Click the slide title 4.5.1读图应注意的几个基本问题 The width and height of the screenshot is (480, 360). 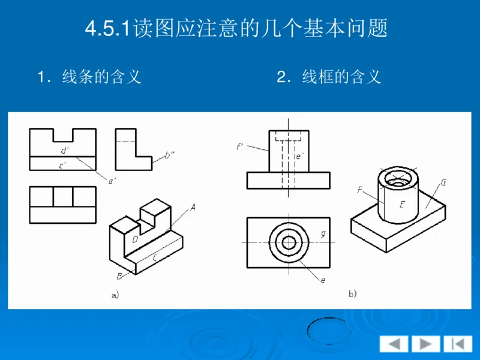tap(236, 29)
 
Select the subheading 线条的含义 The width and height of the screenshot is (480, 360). tap(90, 77)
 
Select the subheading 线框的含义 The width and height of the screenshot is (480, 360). tap(329, 77)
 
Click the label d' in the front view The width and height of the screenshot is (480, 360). tap(64, 150)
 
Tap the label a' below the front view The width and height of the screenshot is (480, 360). tap(112, 179)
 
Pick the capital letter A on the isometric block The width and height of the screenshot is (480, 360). tap(193, 207)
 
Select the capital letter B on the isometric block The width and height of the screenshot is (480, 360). tap(119, 276)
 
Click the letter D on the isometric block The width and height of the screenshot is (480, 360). tap(136, 239)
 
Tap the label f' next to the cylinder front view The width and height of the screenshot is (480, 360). tap(240, 146)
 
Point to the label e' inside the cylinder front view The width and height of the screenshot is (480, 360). tap(300, 156)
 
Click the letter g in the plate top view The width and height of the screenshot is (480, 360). tap(323, 233)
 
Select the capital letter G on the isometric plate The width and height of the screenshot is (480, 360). tap(443, 182)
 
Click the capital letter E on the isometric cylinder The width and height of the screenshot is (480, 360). tap(403, 204)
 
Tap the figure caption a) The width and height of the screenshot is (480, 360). tap(115, 295)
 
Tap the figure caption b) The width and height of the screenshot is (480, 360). tap(353, 294)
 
